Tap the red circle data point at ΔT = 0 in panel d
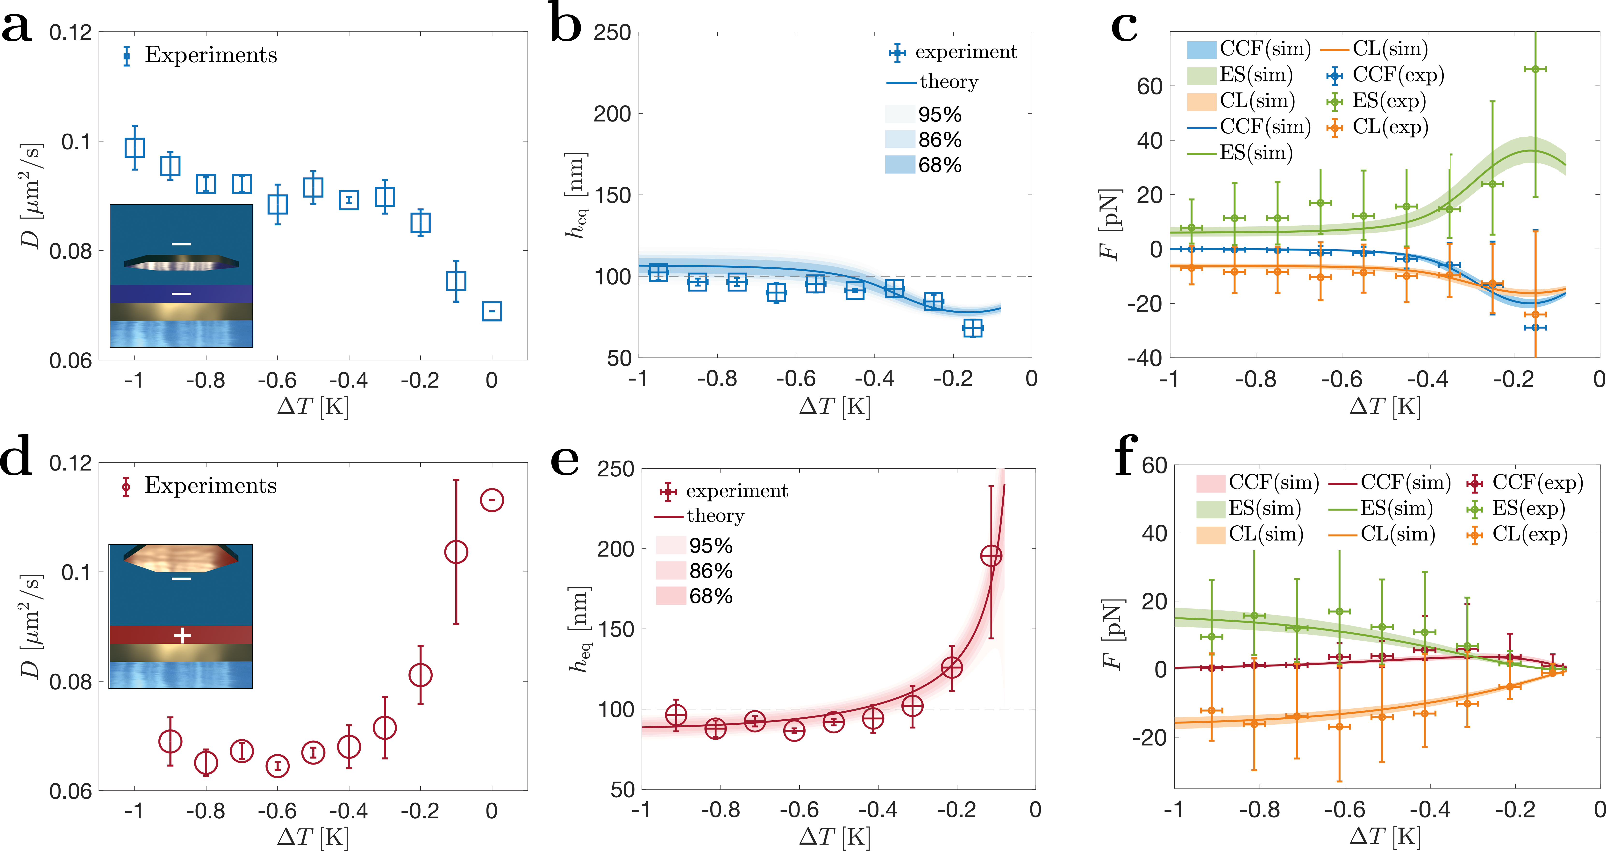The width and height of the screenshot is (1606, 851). [x=492, y=500]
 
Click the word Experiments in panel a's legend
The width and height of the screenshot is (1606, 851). [x=211, y=55]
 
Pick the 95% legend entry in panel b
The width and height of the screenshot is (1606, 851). [x=940, y=115]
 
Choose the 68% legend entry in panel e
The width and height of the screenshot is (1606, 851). [x=711, y=596]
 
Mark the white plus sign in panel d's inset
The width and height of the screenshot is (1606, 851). [x=182, y=635]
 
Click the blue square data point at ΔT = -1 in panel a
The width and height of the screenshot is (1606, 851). [x=135, y=148]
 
